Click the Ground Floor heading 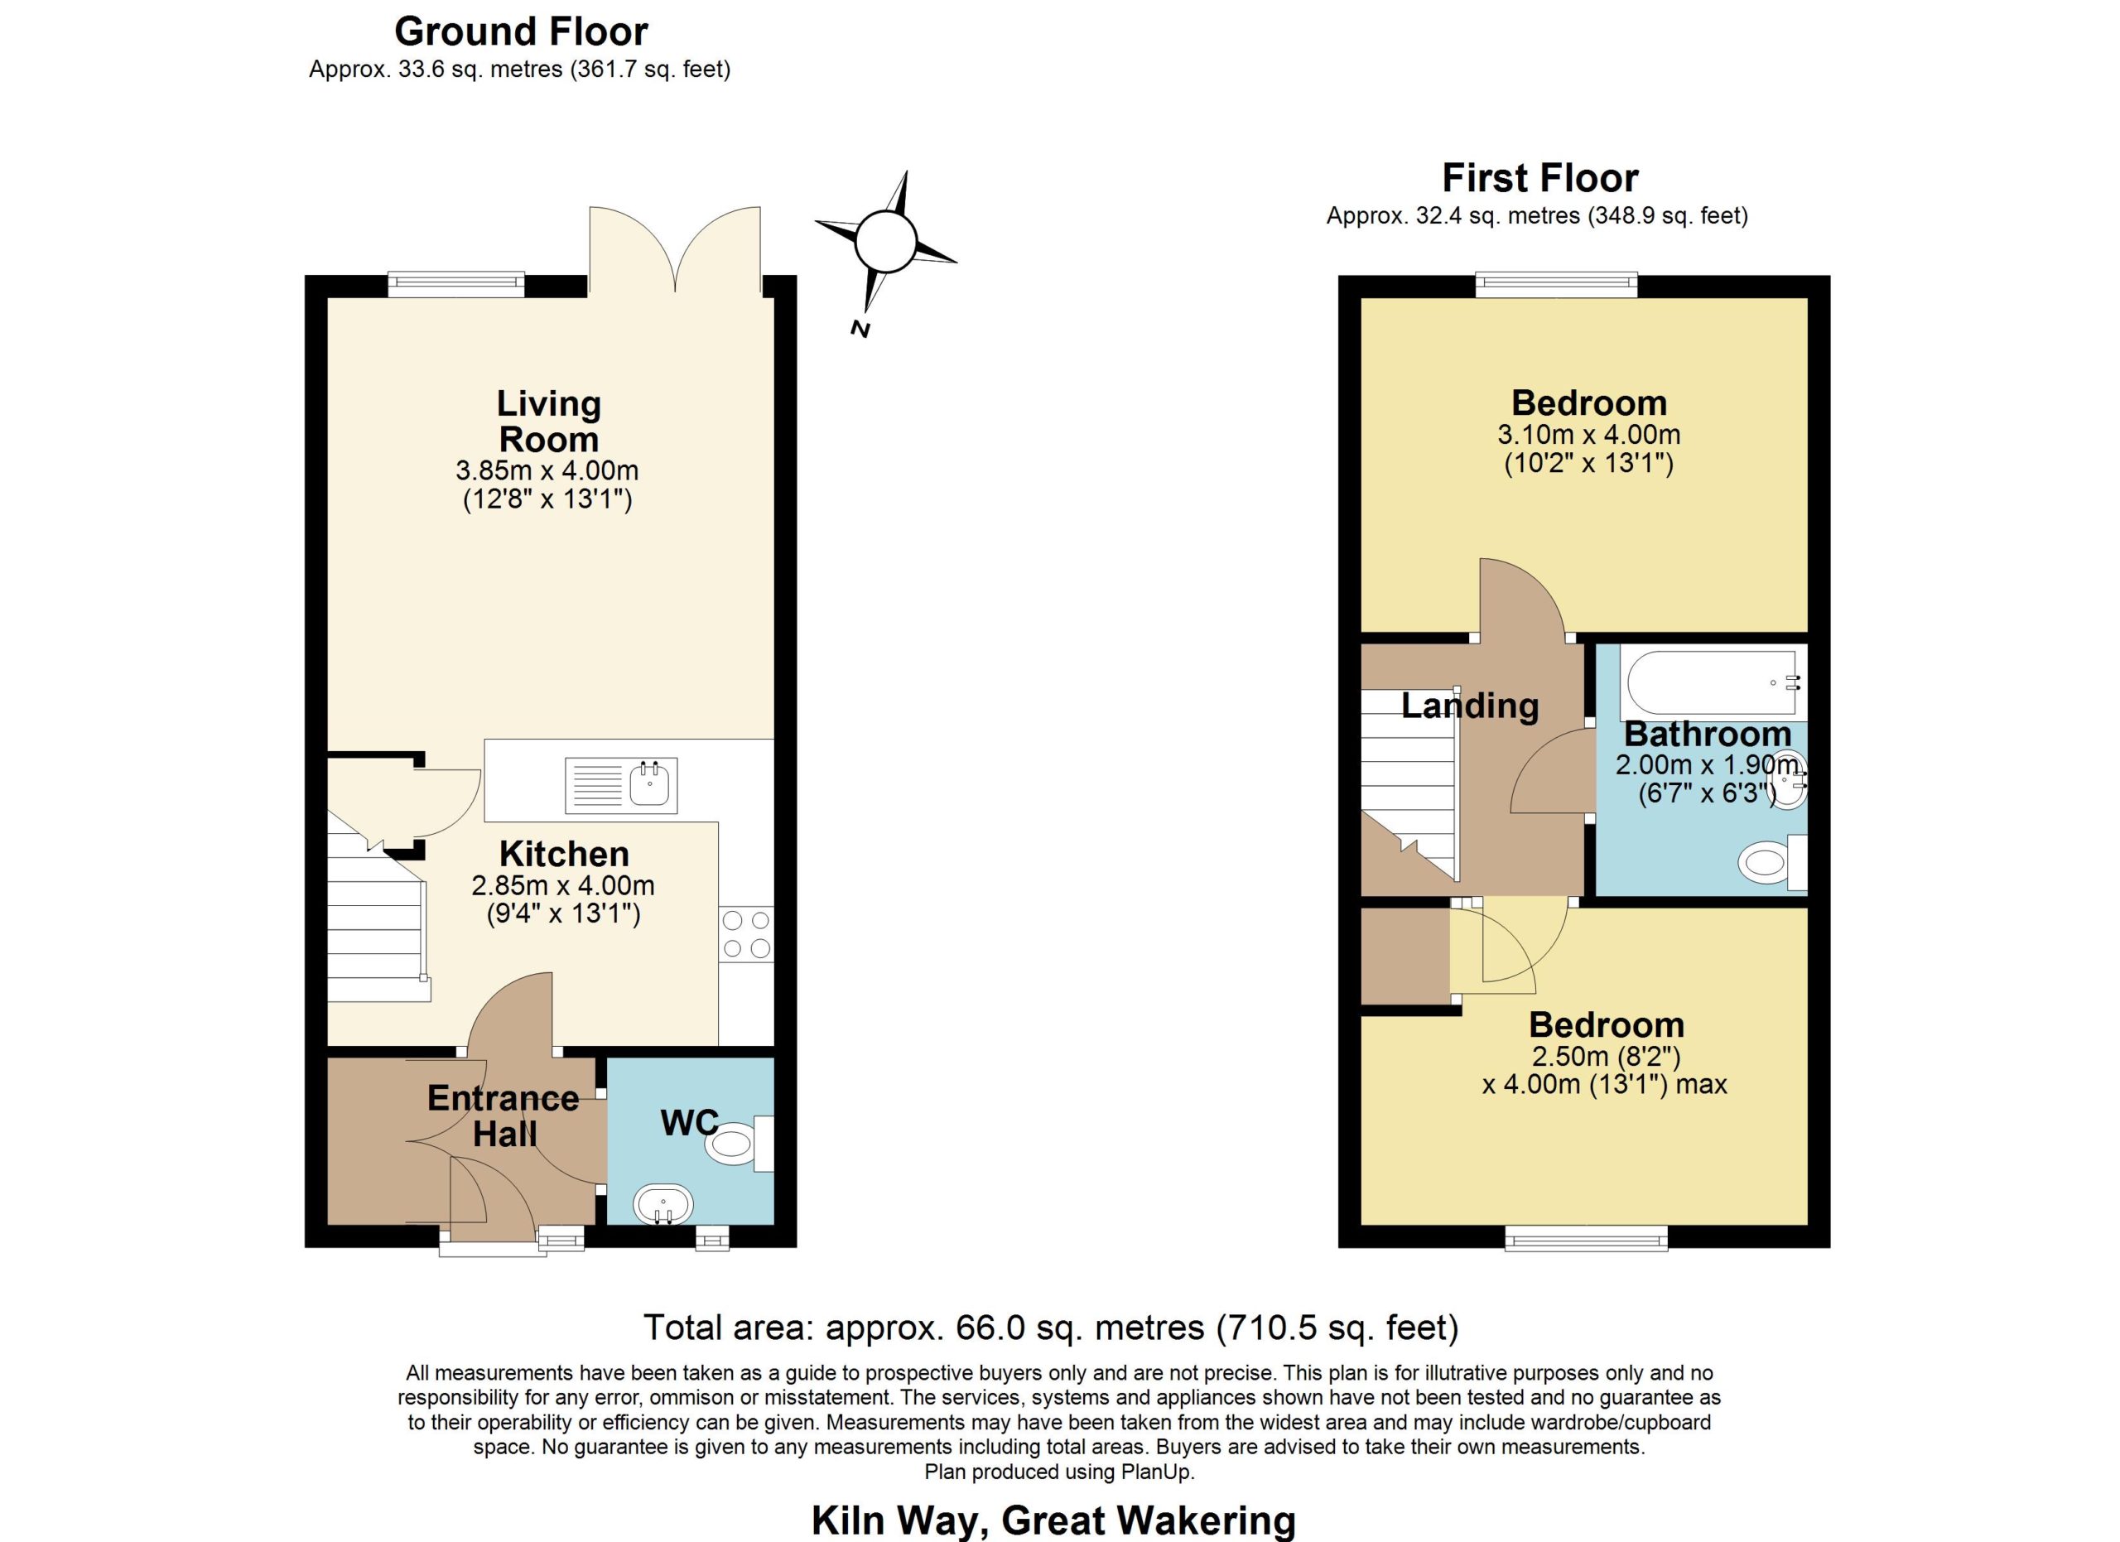point(521,31)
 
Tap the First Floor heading point(1539,177)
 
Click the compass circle point(884,241)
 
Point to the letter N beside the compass point(860,328)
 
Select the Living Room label point(549,422)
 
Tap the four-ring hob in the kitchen point(746,934)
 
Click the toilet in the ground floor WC point(739,1143)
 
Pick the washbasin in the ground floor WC point(662,1203)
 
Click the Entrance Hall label point(503,1116)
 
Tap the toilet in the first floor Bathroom point(1772,860)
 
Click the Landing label point(1469,706)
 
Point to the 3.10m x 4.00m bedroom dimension point(1589,435)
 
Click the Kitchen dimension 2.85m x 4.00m point(563,885)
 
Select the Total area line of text point(1051,1327)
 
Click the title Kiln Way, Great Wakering point(1053,1520)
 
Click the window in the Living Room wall point(456,283)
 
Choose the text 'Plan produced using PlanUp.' point(1059,1472)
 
